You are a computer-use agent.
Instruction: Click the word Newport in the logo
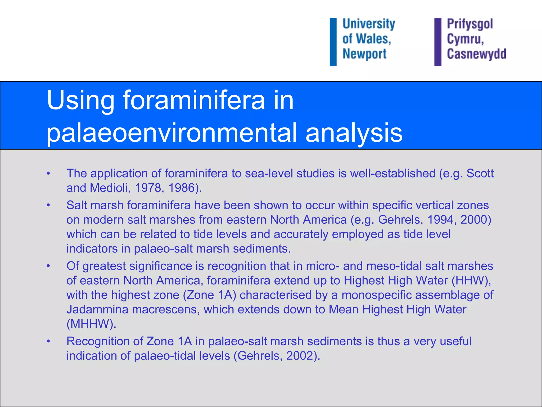364,54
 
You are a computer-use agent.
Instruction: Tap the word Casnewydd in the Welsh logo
476,54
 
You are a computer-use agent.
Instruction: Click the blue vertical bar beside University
333,42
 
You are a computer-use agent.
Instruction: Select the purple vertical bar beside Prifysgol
437,42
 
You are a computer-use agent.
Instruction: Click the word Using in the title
80,101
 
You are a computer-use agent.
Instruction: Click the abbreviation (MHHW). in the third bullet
91,324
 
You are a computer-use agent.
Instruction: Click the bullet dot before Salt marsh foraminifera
48,205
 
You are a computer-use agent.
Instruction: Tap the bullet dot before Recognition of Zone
48,341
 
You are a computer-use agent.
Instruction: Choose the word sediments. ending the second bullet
262,249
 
